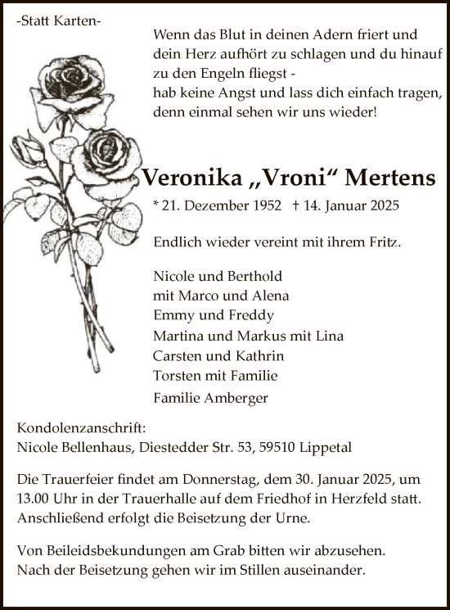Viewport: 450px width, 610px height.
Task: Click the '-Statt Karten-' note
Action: click(59, 23)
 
